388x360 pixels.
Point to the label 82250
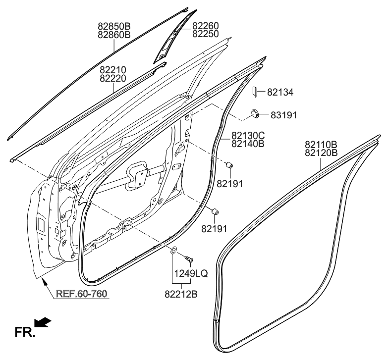(206, 34)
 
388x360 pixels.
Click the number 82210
(112, 70)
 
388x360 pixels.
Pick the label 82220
(112, 78)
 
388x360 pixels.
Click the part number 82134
(280, 92)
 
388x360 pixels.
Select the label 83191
(283, 115)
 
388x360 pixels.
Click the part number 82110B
(321, 145)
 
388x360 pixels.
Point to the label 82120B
(321, 153)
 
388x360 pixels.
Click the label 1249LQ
(187, 273)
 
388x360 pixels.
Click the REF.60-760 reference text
(82, 294)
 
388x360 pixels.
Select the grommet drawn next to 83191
(255, 114)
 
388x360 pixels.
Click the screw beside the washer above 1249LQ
(188, 258)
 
